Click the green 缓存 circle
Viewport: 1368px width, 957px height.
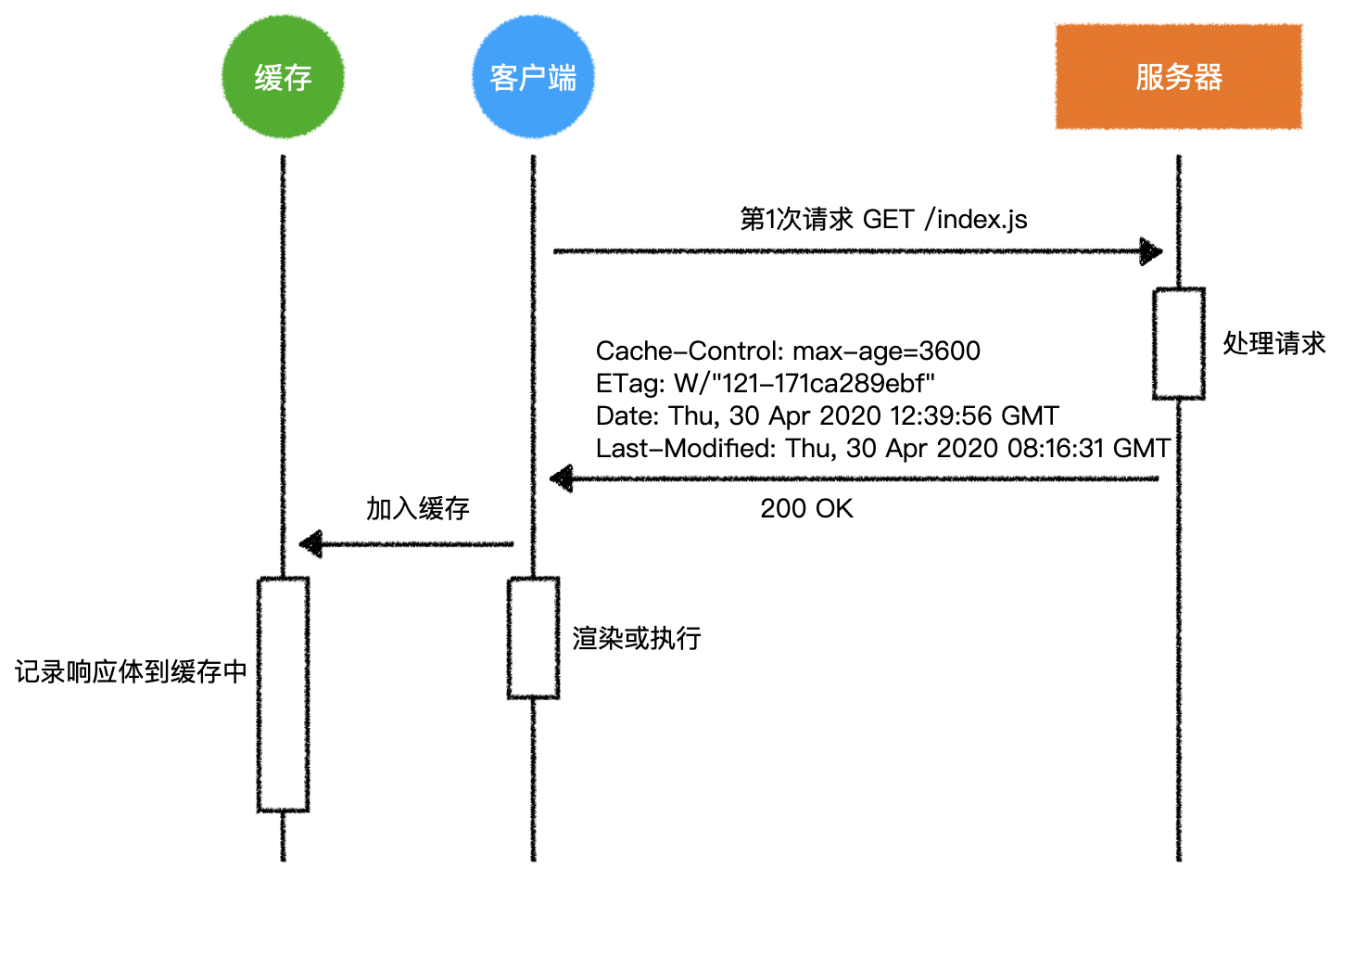coord(283,77)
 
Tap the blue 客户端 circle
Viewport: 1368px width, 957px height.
coord(533,77)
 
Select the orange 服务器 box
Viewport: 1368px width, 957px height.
coord(1178,77)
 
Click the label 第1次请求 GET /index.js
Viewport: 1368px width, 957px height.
coord(882,220)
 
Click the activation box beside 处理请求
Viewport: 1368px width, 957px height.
coord(1178,344)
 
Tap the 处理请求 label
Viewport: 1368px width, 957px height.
coord(1273,344)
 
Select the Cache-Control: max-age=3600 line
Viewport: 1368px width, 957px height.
coord(787,351)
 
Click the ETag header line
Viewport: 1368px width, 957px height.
coord(765,384)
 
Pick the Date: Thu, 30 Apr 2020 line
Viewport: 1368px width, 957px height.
coord(827,416)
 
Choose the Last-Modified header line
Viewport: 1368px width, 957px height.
coord(882,449)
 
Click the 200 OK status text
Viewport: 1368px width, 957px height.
coord(806,509)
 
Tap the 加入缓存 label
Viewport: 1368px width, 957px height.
coord(417,509)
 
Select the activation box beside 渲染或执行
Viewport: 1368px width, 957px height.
coord(533,638)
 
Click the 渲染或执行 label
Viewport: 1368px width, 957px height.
coord(636,639)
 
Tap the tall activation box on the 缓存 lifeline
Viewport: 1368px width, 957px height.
coord(283,695)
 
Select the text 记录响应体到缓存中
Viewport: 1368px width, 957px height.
coord(131,672)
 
